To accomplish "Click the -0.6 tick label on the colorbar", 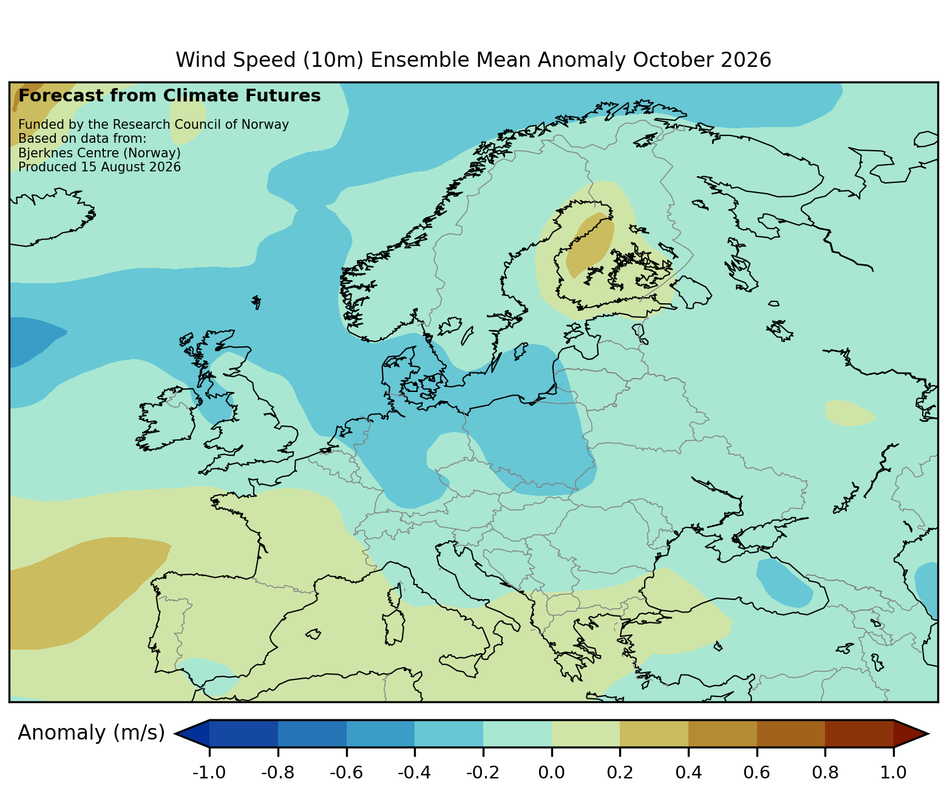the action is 346,772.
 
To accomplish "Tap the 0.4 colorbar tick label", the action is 688,772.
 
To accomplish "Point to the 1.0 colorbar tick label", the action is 893,772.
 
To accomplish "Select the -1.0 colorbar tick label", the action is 209,772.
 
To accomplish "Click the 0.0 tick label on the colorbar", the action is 552,772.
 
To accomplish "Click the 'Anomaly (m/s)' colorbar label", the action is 91,733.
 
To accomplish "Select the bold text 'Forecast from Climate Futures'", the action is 169,96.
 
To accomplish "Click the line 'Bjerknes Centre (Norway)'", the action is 100,153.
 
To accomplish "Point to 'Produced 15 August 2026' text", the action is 100,167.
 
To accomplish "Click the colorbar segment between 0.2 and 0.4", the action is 654,733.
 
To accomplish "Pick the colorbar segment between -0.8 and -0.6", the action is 312,733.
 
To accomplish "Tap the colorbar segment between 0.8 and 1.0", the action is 859,733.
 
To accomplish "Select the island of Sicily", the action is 462,664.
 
